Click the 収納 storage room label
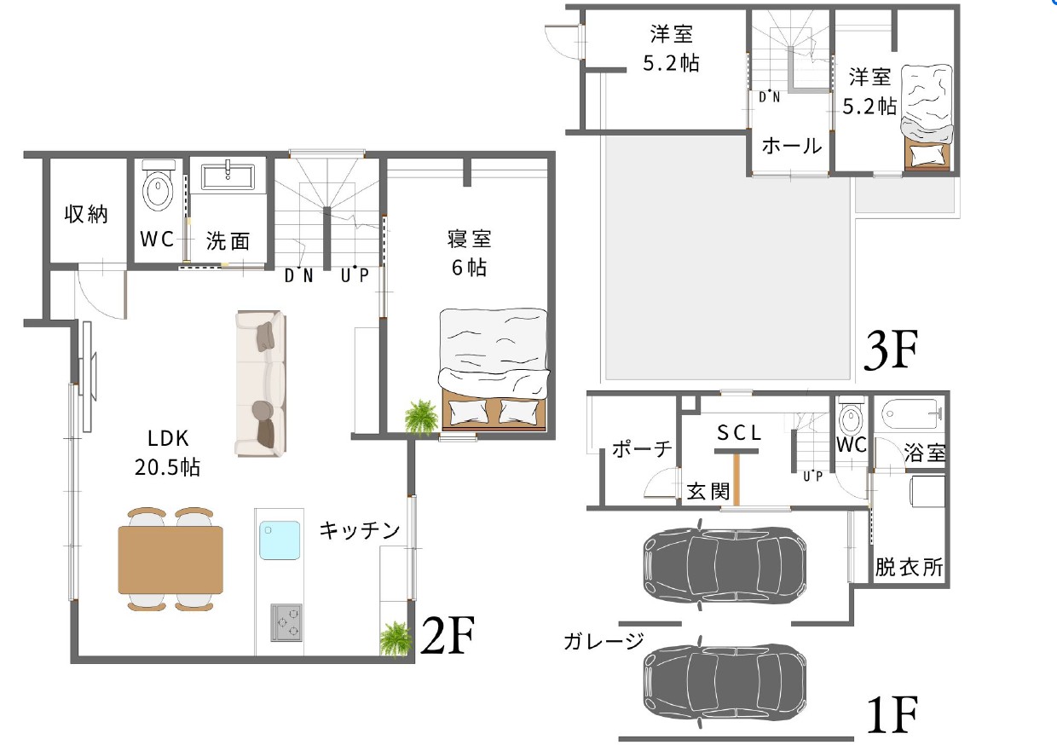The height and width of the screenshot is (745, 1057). tap(86, 215)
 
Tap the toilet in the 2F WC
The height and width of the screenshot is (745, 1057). tap(158, 186)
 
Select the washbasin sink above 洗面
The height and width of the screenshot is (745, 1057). tap(228, 176)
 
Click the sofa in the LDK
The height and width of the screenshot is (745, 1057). tap(261, 383)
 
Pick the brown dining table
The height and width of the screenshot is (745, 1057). tap(170, 560)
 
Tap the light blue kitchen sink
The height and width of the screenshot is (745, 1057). tap(280, 540)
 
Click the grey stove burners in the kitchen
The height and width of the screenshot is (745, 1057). tap(286, 622)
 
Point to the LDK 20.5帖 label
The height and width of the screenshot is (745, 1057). tap(168, 453)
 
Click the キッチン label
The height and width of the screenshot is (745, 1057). tap(360, 530)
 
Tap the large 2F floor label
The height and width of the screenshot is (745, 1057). tap(448, 635)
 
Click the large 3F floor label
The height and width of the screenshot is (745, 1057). tap(891, 349)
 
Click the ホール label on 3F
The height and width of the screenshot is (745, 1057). tap(792, 146)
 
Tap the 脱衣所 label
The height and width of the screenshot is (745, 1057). tap(909, 567)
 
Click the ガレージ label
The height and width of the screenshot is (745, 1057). tap(604, 641)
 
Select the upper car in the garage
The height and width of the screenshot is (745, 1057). tap(725, 564)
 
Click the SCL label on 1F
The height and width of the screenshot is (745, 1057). tap(739, 432)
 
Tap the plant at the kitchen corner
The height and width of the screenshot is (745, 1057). tap(395, 639)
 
